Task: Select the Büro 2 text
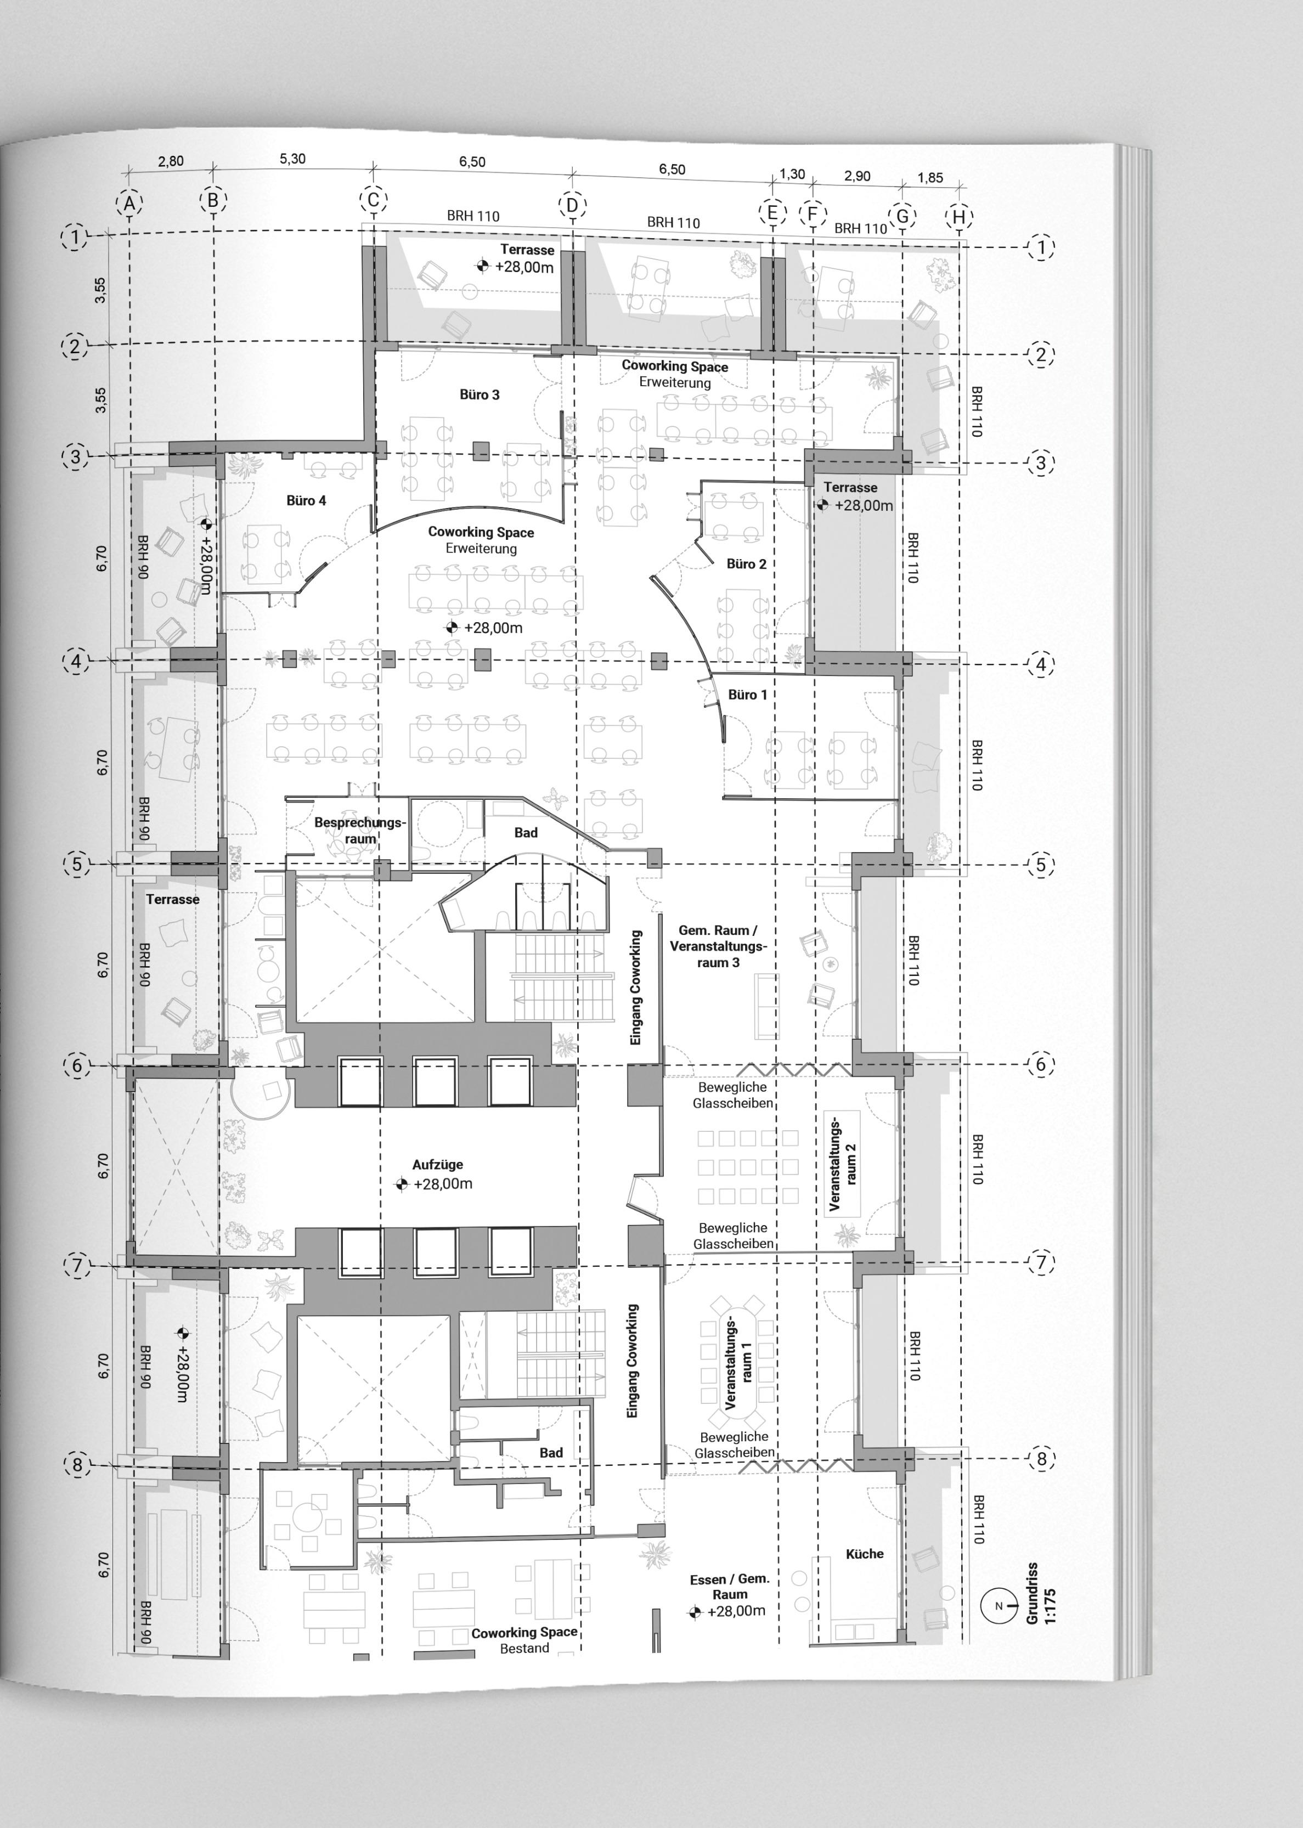(x=746, y=564)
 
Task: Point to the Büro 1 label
(x=748, y=695)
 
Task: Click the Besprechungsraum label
(x=360, y=830)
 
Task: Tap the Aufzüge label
(x=437, y=1165)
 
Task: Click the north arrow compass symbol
(x=998, y=1606)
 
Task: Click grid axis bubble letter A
(x=129, y=204)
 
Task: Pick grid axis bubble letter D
(x=572, y=205)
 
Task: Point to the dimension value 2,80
(x=170, y=161)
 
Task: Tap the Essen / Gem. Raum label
(x=729, y=1587)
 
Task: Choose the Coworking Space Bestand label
(x=524, y=1640)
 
